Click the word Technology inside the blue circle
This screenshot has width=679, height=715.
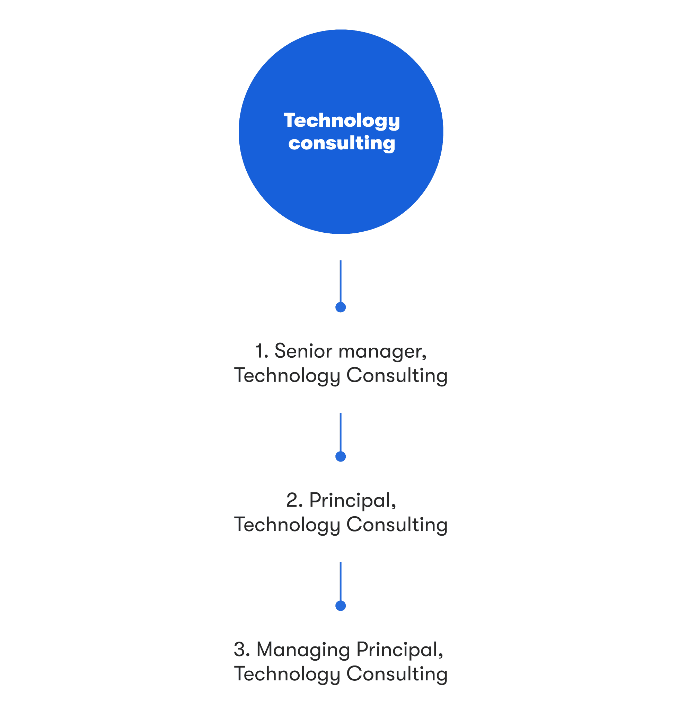(x=342, y=121)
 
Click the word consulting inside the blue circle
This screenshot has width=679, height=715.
(x=342, y=144)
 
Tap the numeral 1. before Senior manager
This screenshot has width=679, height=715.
(x=262, y=351)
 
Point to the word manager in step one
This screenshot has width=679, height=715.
(x=383, y=352)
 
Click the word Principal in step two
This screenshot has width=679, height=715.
(x=353, y=502)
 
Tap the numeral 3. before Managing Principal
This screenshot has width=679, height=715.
(x=242, y=650)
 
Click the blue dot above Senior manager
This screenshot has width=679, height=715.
(x=341, y=307)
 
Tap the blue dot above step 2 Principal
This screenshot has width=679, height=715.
(x=341, y=456)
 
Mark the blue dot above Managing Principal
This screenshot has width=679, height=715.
(x=341, y=606)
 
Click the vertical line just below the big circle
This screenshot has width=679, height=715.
(x=341, y=281)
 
